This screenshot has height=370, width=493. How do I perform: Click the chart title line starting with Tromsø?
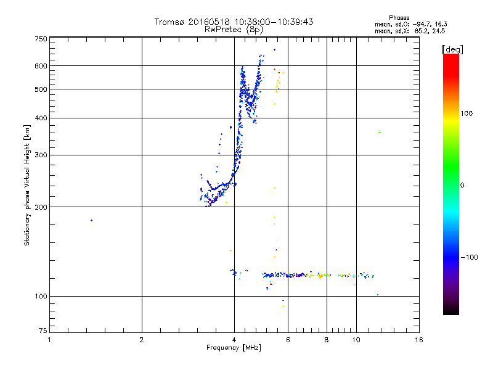[234, 22]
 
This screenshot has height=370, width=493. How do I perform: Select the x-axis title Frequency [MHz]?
[234, 348]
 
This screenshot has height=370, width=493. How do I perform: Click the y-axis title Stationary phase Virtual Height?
[27, 185]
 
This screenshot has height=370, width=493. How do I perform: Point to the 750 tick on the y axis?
[40, 39]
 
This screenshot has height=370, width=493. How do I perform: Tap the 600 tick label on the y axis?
[40, 65]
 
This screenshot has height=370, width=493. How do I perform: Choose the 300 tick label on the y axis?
[40, 155]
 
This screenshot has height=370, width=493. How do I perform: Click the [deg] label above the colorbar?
[453, 49]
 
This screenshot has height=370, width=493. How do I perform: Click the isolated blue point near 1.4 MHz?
[91, 220]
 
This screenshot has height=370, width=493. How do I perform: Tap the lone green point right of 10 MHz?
[380, 133]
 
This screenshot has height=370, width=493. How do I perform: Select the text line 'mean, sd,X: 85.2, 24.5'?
[409, 30]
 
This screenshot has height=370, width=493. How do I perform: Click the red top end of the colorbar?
[450, 57]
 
